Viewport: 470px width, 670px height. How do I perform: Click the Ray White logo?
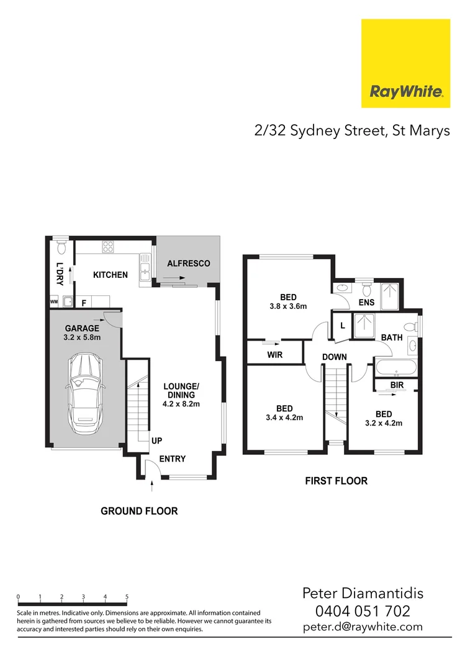(405, 63)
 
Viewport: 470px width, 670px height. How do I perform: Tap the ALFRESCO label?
(189, 264)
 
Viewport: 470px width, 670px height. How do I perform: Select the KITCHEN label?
(111, 275)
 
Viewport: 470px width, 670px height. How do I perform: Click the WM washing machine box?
(54, 302)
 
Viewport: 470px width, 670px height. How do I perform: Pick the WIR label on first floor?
(275, 355)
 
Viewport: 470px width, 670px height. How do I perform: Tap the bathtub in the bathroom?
(397, 367)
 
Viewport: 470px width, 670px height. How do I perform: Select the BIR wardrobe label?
(398, 385)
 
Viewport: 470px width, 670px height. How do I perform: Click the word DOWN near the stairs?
(334, 357)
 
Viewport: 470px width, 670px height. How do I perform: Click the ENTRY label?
(173, 459)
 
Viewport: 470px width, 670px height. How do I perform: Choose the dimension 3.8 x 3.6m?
(288, 306)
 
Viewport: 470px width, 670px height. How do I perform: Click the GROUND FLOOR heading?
(139, 511)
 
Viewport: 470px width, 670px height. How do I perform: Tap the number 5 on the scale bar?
(127, 597)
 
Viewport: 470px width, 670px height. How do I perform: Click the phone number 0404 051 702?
(363, 610)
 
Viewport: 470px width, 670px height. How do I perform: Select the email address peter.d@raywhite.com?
(363, 627)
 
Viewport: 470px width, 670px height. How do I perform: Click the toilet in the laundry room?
(60, 249)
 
